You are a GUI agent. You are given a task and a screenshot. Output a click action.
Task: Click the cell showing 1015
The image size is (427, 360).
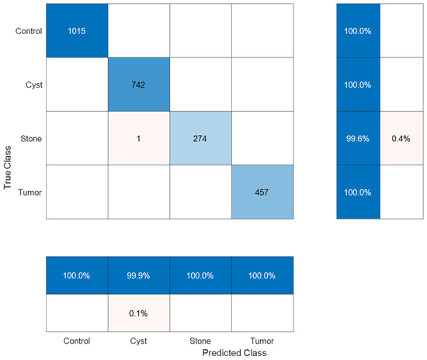(77, 30)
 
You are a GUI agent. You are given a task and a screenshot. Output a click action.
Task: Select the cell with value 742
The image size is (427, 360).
(139, 85)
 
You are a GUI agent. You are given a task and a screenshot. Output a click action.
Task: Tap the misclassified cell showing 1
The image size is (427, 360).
(139, 138)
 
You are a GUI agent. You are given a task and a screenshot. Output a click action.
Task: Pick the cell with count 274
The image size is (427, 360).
(201, 138)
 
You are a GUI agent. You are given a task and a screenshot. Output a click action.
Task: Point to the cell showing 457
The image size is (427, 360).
(262, 192)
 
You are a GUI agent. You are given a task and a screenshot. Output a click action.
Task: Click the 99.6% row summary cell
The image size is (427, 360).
(358, 138)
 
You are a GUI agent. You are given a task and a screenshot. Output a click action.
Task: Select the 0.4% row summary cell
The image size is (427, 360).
(401, 138)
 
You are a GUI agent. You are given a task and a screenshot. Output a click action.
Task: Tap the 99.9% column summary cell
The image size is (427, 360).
(139, 275)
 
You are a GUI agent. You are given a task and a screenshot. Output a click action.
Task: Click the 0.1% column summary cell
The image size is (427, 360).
(139, 313)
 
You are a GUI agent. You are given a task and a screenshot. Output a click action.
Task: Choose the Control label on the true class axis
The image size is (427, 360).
(29, 31)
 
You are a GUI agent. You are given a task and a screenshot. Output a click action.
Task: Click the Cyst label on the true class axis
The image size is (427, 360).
(34, 85)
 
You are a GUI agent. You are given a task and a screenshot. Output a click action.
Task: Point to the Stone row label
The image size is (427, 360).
(31, 139)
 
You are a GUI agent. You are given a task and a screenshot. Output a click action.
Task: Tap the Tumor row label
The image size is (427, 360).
(30, 192)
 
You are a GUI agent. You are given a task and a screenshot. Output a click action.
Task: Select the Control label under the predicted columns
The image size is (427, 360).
(77, 341)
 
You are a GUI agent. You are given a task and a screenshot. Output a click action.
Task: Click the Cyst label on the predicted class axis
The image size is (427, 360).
(139, 341)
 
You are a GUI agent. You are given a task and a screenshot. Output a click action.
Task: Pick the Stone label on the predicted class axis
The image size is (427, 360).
(200, 341)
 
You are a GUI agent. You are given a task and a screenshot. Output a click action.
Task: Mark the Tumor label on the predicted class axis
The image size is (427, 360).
(262, 341)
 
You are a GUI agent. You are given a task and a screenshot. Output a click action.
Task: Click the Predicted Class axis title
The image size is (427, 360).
(234, 353)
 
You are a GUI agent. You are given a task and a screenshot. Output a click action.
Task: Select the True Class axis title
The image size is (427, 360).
(7, 168)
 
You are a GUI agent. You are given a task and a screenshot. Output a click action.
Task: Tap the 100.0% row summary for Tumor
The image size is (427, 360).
(358, 192)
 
